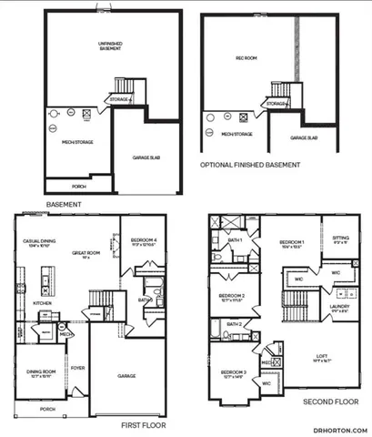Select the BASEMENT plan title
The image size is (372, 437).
click(x=64, y=205)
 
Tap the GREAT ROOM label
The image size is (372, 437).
click(x=86, y=254)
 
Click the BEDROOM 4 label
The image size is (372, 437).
click(x=145, y=240)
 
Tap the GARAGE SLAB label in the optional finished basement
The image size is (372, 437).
click(x=304, y=137)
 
